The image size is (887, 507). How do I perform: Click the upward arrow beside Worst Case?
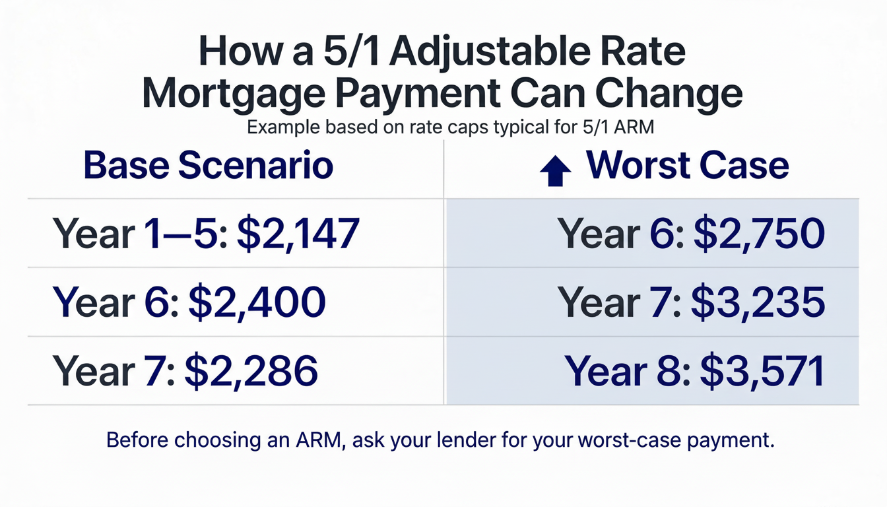pyautogui.click(x=555, y=171)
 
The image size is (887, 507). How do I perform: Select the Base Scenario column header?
pyautogui.click(x=209, y=166)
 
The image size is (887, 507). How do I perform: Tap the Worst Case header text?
pyautogui.click(x=687, y=165)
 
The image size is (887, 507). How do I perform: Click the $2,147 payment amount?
pyautogui.click(x=298, y=234)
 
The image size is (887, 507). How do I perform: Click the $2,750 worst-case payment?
pyautogui.click(x=758, y=234)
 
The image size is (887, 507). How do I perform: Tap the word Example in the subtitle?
pyautogui.click(x=282, y=127)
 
